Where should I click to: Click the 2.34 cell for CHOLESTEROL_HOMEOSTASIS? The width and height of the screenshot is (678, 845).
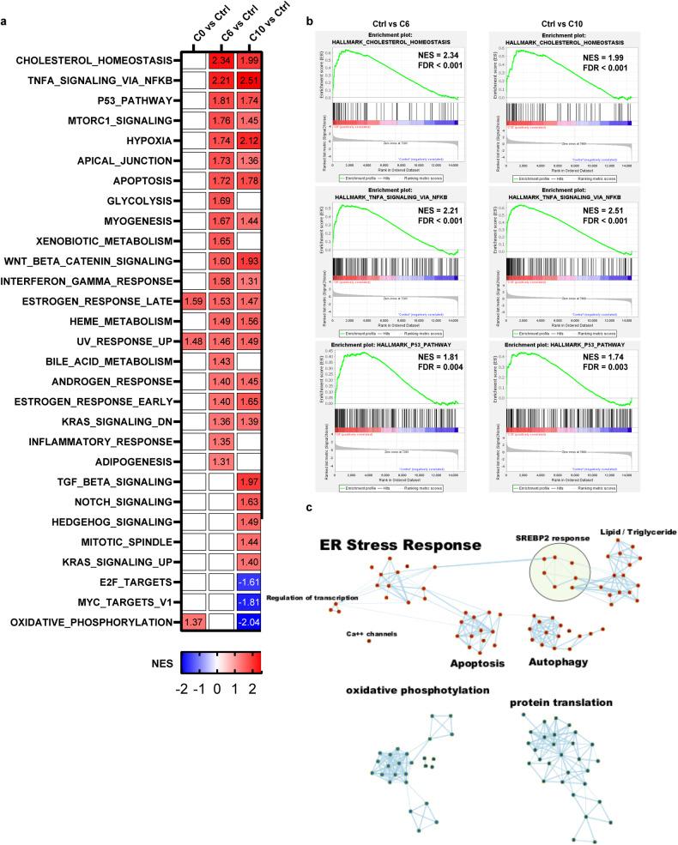coord(221,60)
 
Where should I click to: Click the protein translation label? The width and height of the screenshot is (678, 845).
coord(562,702)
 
